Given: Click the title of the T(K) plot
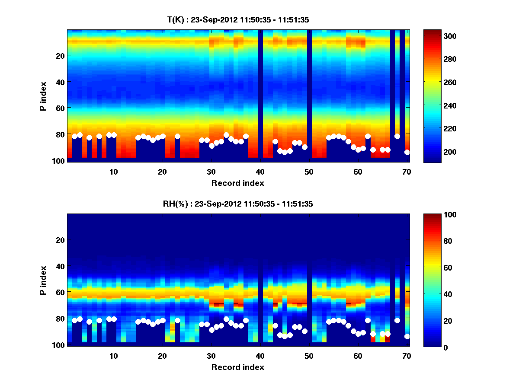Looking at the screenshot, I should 238,20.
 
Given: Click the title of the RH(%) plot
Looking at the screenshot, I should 238,204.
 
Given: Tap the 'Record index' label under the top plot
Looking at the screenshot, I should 238,183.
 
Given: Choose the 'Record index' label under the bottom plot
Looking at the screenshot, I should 238,367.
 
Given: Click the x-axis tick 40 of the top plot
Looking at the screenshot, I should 260,172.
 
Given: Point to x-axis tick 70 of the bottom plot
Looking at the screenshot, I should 407,356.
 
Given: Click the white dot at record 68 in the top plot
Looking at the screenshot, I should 397,136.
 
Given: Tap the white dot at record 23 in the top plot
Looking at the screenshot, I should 177,136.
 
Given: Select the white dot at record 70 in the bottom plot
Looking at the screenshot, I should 407,336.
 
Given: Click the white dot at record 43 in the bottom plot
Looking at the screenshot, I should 275,325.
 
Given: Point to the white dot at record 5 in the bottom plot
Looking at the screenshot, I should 90,322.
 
